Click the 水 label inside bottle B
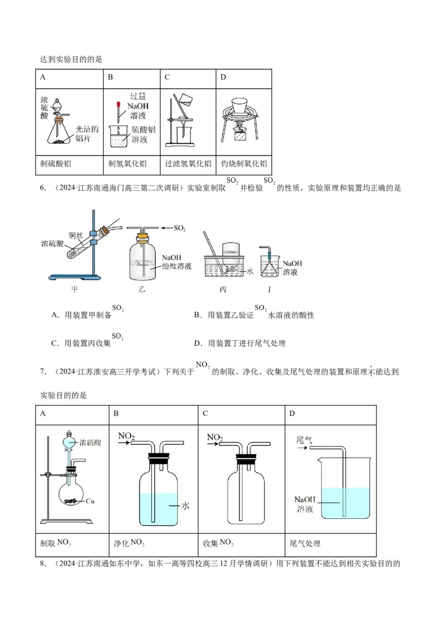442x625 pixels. tap(186, 505)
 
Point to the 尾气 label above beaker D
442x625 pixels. tap(304, 440)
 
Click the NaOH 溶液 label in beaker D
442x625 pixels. tap(304, 504)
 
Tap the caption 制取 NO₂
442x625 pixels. tap(56, 543)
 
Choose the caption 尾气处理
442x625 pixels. tap(305, 543)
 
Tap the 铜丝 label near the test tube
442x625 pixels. tap(75, 234)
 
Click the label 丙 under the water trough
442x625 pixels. tap(223, 289)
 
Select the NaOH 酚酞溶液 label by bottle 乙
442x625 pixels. tap(177, 262)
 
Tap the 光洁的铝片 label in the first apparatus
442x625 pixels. tap(87, 134)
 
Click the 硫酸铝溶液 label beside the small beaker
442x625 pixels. tap(143, 134)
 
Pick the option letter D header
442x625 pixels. tap(292, 413)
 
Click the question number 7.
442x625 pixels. tap(43, 371)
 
